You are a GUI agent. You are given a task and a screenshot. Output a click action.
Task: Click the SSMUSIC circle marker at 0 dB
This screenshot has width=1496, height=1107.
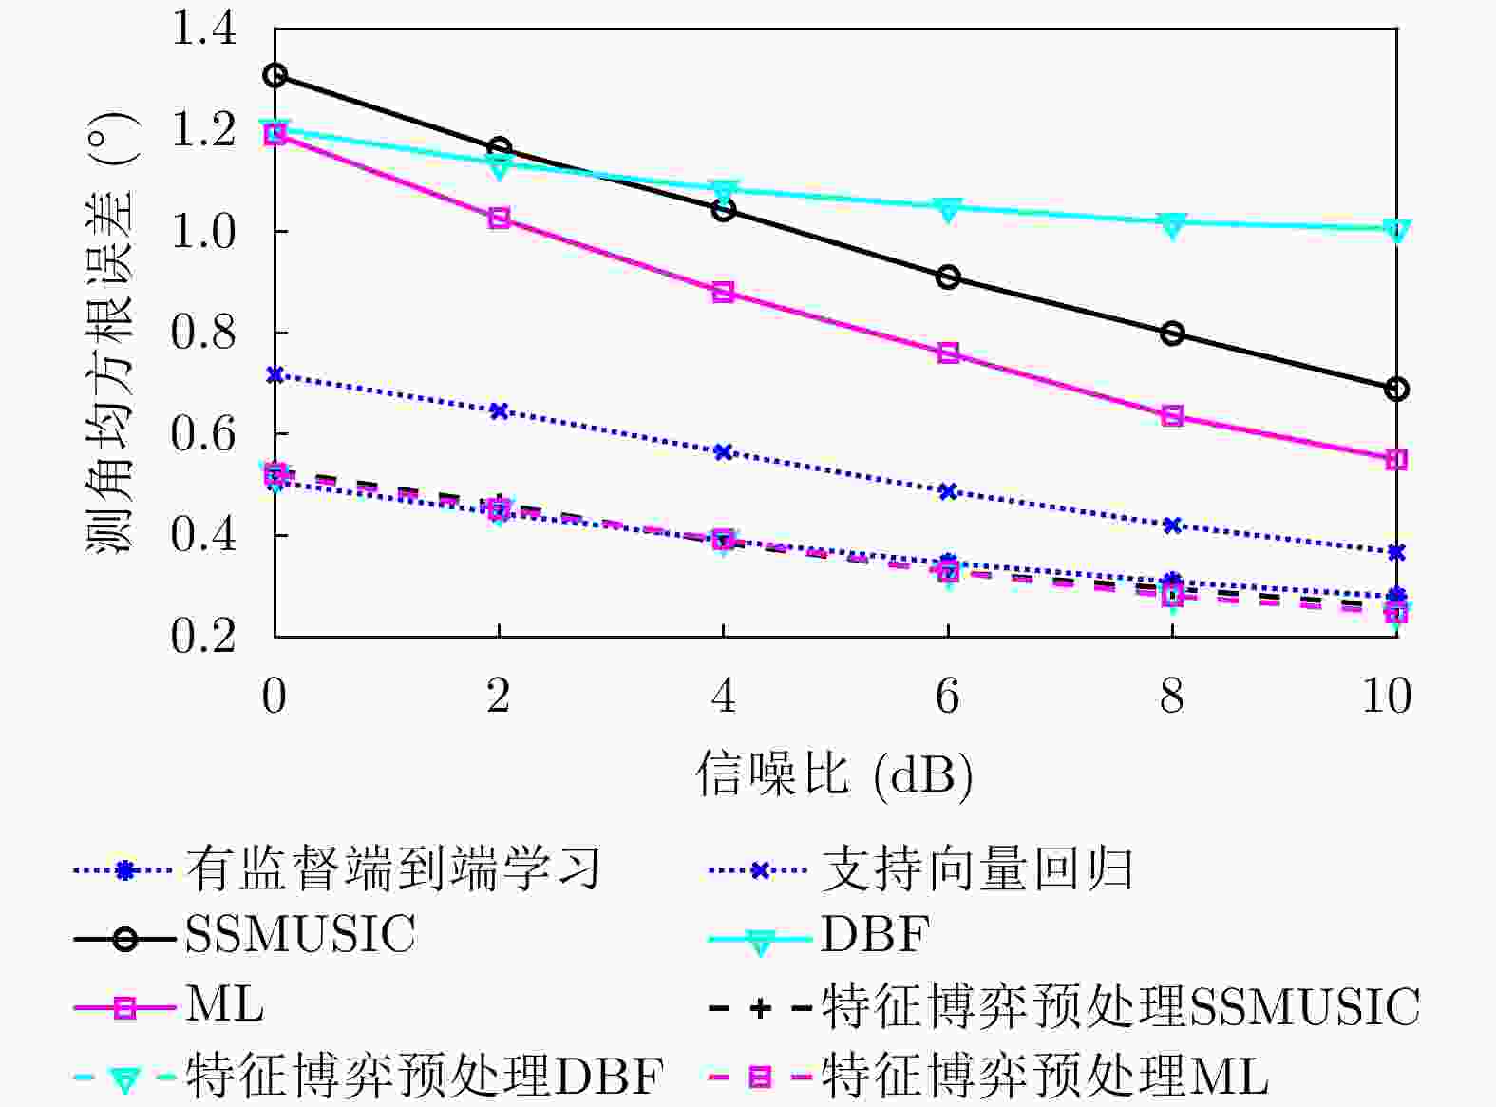(x=275, y=75)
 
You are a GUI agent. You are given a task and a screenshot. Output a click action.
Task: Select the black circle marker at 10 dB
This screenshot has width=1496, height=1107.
(x=1396, y=389)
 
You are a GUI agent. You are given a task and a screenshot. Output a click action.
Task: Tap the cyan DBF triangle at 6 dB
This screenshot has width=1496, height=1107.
(x=948, y=208)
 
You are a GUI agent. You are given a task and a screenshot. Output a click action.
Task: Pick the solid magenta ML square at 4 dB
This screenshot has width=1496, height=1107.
(x=723, y=292)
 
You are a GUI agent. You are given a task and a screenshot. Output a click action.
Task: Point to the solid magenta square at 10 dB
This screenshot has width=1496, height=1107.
(x=1396, y=459)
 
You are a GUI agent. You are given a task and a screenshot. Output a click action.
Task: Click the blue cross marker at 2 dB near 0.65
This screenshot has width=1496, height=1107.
(x=499, y=410)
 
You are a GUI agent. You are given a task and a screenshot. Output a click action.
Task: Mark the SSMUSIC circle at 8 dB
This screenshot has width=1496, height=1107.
(x=1172, y=334)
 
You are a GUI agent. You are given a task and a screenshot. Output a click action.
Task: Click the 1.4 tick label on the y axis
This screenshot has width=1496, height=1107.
(x=203, y=29)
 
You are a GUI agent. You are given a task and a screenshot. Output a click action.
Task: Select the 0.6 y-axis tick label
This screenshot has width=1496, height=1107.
(x=203, y=433)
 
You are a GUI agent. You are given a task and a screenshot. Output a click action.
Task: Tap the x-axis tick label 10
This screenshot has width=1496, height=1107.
(x=1387, y=697)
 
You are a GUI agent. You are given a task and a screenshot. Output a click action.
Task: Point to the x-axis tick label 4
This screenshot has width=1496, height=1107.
(x=723, y=697)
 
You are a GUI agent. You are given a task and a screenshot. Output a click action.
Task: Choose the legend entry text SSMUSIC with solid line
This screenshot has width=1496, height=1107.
(x=300, y=934)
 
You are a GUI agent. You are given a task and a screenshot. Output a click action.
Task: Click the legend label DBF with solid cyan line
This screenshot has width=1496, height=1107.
(x=875, y=934)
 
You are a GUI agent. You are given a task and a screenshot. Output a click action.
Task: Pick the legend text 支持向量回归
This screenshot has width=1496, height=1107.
(x=976, y=868)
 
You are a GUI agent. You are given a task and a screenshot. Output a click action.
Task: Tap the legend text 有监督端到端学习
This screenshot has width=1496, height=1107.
(x=392, y=868)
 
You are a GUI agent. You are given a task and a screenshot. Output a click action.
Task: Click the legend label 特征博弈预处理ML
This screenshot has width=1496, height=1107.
(x=1045, y=1077)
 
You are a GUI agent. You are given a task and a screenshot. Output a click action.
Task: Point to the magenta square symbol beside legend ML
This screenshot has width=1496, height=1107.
(x=124, y=1007)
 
